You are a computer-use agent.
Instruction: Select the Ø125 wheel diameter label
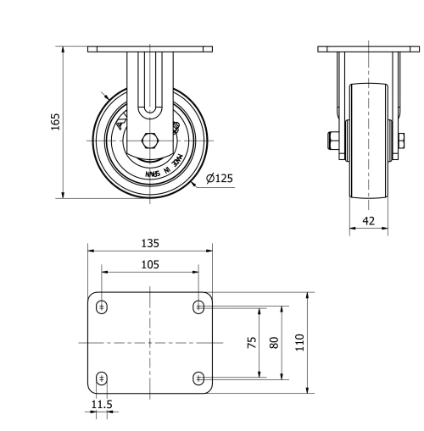pyautogui.click(x=220, y=178)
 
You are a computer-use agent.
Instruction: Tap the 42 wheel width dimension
pyautogui.click(x=369, y=220)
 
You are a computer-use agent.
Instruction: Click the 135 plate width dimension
pyautogui.click(x=150, y=242)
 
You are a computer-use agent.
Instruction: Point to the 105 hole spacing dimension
pyautogui.click(x=150, y=263)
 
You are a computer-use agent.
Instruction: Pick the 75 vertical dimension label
pyautogui.click(x=253, y=342)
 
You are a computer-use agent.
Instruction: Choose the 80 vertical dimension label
pyautogui.click(x=273, y=342)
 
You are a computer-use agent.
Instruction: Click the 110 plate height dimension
pyautogui.click(x=299, y=342)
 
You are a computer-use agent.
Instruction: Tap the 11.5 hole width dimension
pyautogui.click(x=101, y=404)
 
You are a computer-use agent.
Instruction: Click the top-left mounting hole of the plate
pyautogui.click(x=102, y=307)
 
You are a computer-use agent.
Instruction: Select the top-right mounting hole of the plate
pyautogui.click(x=198, y=307)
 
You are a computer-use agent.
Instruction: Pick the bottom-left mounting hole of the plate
pyautogui.click(x=102, y=378)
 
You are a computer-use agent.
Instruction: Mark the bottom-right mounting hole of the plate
pyautogui.click(x=198, y=378)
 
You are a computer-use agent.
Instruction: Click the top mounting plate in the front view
pyautogui.click(x=150, y=49)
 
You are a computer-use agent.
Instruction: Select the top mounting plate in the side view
pyautogui.click(x=369, y=49)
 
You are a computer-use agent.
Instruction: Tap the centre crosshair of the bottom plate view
pyautogui.click(x=150, y=342)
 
